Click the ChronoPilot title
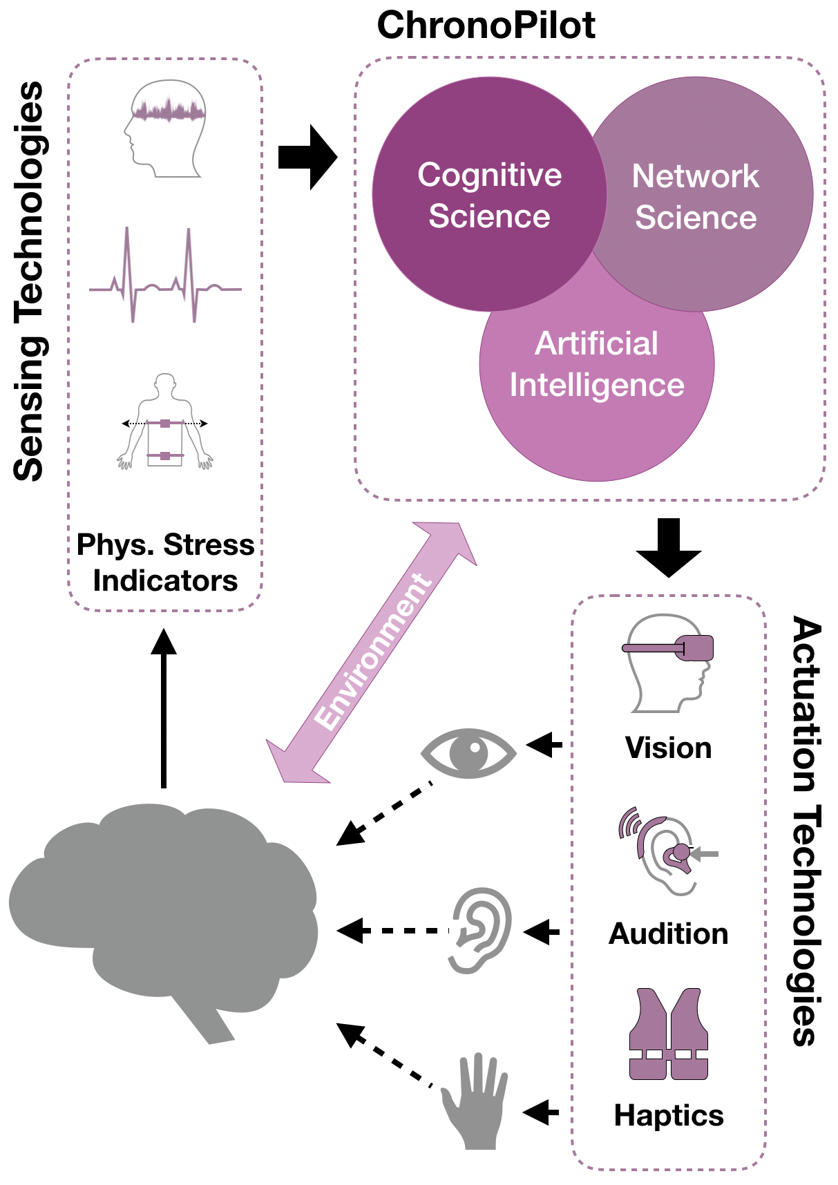pos(486,26)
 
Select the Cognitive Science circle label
pos(489,196)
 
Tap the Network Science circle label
pos(696,197)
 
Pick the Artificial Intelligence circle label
pos(597,364)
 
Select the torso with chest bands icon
pos(165,422)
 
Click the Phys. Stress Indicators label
pos(165,562)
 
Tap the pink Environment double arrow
pos(372,652)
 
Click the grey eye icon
pos(469,752)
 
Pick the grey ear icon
pos(481,930)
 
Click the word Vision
pos(668,748)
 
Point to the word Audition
pos(668,933)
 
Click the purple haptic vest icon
pos(668,1034)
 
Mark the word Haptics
pos(668,1115)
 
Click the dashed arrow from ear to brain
pos(394,931)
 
